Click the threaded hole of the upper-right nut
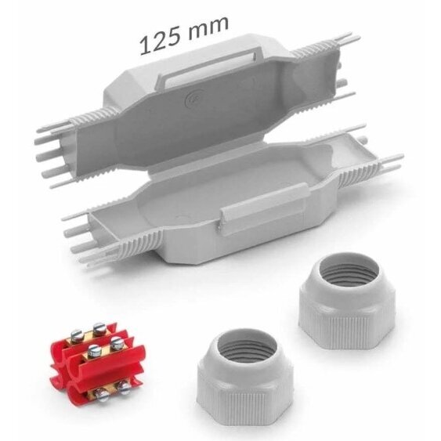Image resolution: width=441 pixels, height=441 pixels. [349, 273]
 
